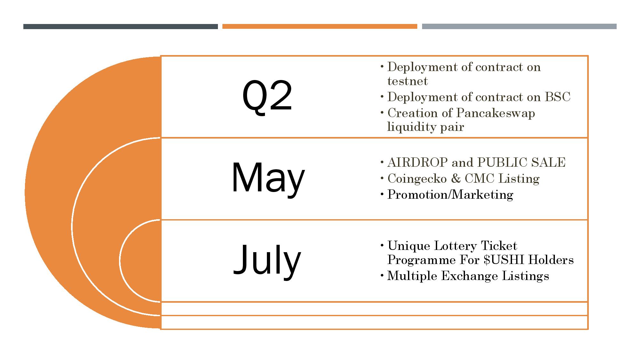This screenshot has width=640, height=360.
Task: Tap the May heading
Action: [268, 178]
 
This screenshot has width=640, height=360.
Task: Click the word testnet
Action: [407, 81]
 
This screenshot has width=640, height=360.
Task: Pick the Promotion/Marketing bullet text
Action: [450, 195]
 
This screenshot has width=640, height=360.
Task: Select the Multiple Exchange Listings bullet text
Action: [468, 276]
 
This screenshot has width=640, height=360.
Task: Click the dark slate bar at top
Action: [120, 27]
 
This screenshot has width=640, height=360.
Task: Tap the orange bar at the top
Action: [320, 27]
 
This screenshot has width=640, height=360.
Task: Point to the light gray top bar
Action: [519, 27]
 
